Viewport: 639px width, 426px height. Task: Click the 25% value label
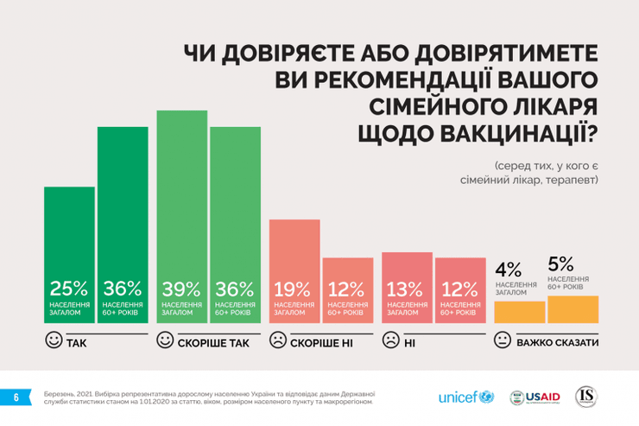point(69,289)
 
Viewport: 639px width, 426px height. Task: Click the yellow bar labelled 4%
point(519,312)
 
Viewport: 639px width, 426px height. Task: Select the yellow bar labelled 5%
point(573,309)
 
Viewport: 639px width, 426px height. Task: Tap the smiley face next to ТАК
point(54,341)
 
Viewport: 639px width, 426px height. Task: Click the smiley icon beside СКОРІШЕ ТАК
point(165,341)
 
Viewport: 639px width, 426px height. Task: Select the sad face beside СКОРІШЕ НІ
point(278,341)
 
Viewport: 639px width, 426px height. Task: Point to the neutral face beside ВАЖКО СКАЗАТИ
point(502,341)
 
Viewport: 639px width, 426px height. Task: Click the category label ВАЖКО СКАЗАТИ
point(557,343)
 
